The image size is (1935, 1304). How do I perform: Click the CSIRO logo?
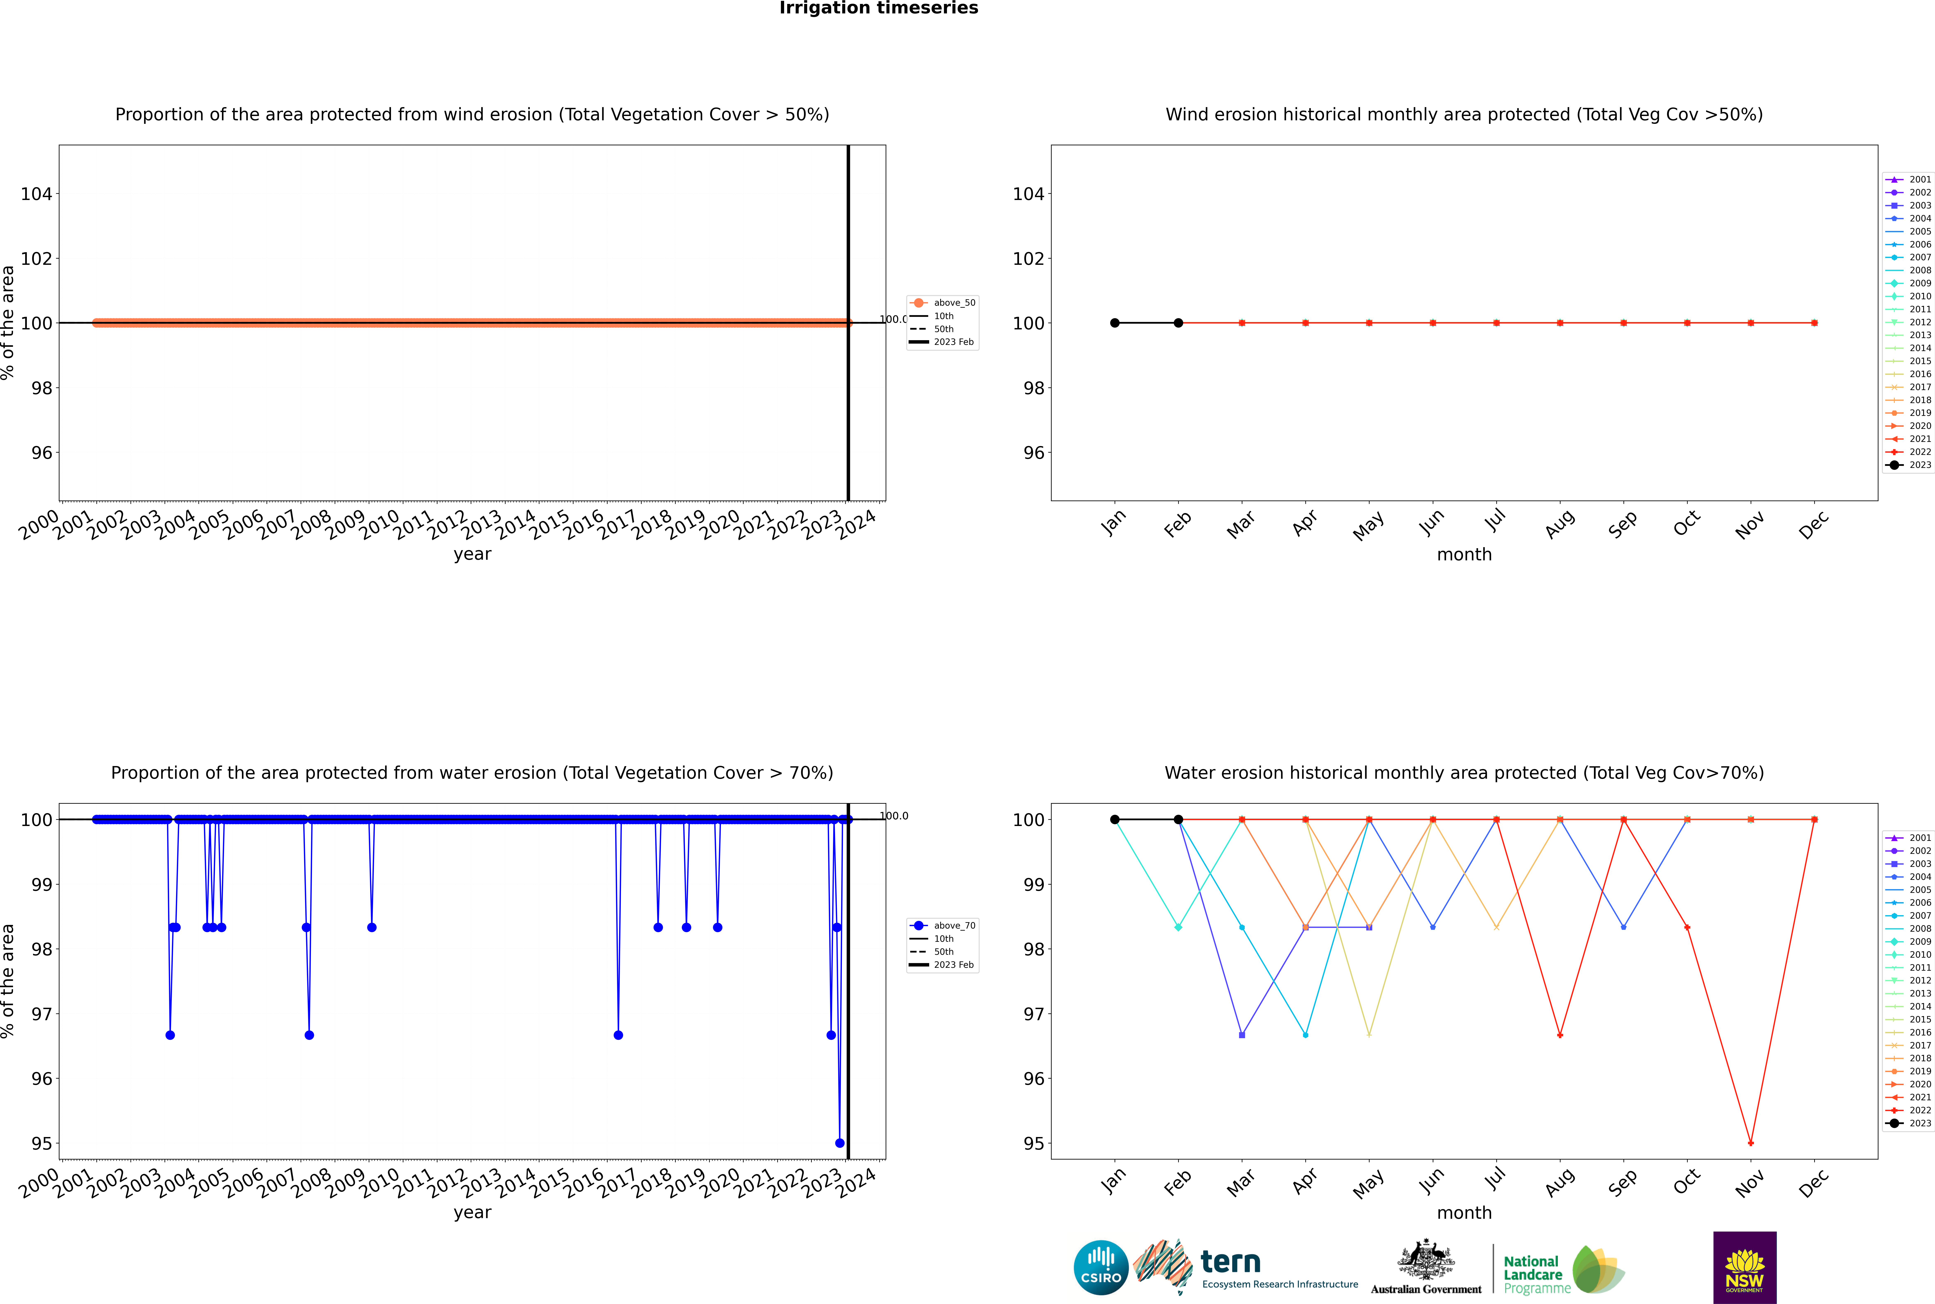pyautogui.click(x=1101, y=1267)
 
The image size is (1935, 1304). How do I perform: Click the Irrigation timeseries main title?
pyautogui.click(x=878, y=8)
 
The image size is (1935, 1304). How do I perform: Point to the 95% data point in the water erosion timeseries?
pyautogui.click(x=839, y=1143)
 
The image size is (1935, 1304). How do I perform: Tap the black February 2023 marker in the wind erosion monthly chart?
pyautogui.click(x=1178, y=323)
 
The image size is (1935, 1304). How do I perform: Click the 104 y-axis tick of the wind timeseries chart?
pyautogui.click(x=37, y=194)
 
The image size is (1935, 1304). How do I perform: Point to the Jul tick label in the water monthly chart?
pyautogui.click(x=1495, y=1178)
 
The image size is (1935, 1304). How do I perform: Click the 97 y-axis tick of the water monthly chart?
pyautogui.click(x=1033, y=1014)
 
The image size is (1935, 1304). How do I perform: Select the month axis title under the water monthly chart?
pyautogui.click(x=1464, y=1213)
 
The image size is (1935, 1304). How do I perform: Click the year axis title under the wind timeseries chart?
pyautogui.click(x=473, y=554)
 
